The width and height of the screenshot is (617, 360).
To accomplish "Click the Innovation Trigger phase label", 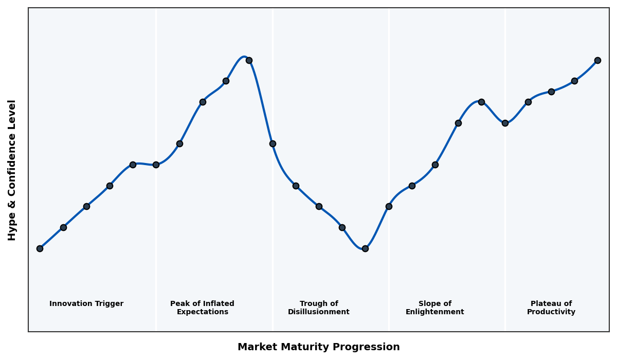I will coord(86,304).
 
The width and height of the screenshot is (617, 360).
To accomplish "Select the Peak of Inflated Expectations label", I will coord(202,308).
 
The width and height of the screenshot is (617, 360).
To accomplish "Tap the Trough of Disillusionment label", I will coord(319,308).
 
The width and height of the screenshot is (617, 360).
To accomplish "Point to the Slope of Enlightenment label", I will coord(435,308).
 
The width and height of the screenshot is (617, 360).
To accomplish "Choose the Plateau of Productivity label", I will coord(551,308).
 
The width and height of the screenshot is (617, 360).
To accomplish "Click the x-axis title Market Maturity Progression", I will coord(319,347).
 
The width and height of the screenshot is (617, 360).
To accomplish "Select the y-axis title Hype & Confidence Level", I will coord(12,170).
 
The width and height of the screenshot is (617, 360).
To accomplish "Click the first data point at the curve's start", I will coord(40,248).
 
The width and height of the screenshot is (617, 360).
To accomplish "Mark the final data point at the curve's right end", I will coord(597,60).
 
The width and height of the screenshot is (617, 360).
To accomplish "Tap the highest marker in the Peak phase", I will coord(249,60).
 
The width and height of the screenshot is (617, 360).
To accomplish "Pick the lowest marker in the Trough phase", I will coord(365,248).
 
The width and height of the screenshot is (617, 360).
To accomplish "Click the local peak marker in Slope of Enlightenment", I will coord(481,102).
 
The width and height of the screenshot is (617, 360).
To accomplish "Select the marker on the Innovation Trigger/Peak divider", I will coord(156,165).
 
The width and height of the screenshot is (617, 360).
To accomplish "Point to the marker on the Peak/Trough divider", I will coord(273,143).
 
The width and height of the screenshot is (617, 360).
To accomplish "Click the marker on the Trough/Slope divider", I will coord(389,206).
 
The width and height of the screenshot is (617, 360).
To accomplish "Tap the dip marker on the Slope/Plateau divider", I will coord(505,123).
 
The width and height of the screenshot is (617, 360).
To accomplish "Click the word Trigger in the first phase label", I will coord(109,304).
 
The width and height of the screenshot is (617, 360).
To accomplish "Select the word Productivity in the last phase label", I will coord(551,312).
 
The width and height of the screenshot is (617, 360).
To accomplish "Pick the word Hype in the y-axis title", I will coord(12,230).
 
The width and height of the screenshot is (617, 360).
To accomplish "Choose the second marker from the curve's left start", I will coord(63,227).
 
